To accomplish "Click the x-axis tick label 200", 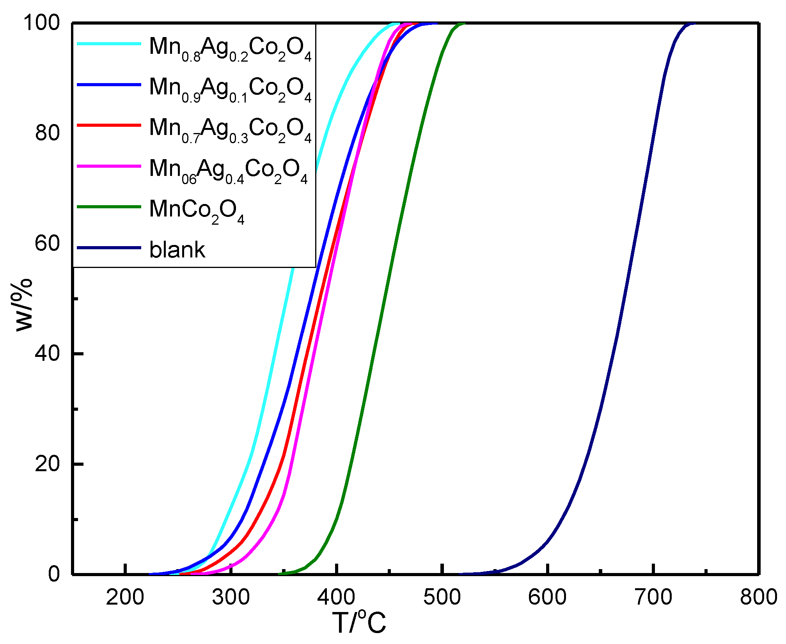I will click(x=125, y=597).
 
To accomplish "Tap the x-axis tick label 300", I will click(x=231, y=597).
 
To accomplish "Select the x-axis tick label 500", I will click(x=442, y=597).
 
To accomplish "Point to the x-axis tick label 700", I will click(x=653, y=597).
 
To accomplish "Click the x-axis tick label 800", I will click(x=759, y=597).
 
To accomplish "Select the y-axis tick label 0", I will click(x=54, y=574).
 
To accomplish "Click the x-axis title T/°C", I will click(x=359, y=623).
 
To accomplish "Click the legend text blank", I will click(x=177, y=250).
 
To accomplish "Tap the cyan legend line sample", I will click(x=109, y=44).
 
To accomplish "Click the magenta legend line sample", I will click(x=109, y=166).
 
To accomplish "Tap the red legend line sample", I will click(x=109, y=125).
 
